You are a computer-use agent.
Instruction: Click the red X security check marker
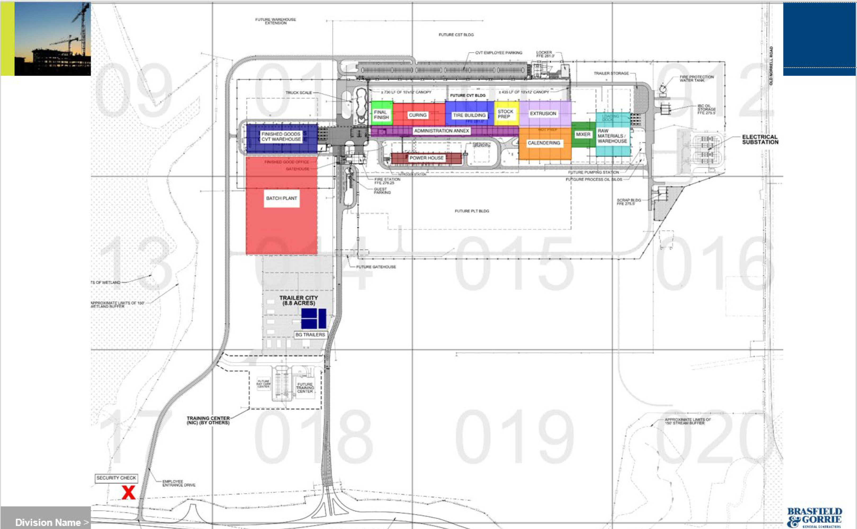pos(128,493)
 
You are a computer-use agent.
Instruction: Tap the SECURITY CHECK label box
pos(116,478)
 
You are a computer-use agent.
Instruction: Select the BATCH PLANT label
pos(281,198)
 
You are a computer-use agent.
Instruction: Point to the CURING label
pos(418,115)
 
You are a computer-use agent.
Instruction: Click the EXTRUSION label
pos(543,114)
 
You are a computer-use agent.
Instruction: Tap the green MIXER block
pos(583,134)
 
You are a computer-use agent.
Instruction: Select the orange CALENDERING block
pos(544,143)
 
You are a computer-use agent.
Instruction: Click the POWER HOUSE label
pos(426,158)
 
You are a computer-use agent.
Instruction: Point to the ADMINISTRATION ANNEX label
pos(441,131)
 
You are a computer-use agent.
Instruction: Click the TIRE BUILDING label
pos(469,115)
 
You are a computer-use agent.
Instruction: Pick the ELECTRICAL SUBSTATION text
pos(760,140)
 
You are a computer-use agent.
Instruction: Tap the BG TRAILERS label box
pos(310,335)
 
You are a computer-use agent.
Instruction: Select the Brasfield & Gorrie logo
pos(815,517)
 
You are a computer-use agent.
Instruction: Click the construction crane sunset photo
pos(52,39)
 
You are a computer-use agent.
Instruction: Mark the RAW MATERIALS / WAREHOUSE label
pos(612,136)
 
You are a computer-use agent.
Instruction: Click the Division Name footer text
pos(48,522)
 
